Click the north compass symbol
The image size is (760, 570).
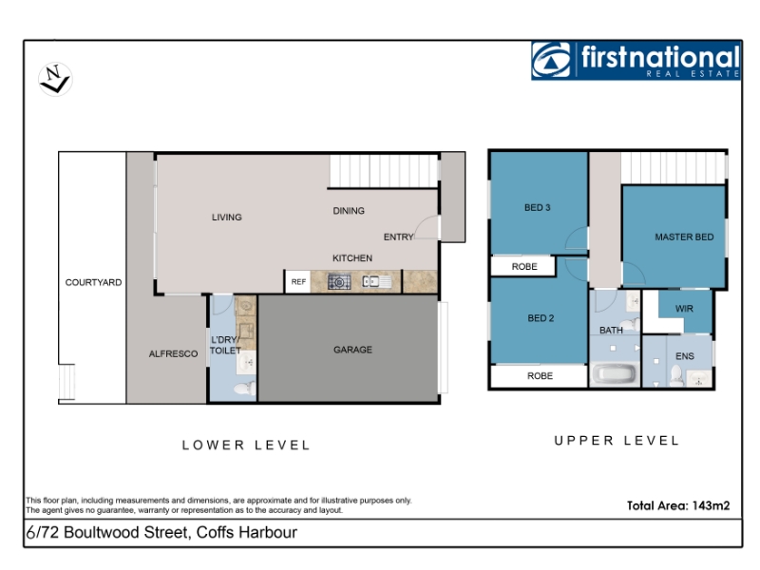coord(55,79)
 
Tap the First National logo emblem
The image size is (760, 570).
coord(552,60)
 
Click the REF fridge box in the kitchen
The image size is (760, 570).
coord(298,281)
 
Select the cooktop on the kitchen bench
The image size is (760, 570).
coord(339,281)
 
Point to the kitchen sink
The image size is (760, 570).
coord(377,281)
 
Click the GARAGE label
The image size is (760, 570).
coord(352,350)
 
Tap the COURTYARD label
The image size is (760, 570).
coord(93,282)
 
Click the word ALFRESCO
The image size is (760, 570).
coord(173,353)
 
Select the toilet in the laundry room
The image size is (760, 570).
coord(244,389)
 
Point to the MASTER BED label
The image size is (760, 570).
coord(684,237)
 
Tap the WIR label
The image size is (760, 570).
coord(684,308)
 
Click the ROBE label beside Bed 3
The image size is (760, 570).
coord(524,267)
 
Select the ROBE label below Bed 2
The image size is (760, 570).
coord(540,375)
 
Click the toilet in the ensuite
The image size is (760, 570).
coord(676,375)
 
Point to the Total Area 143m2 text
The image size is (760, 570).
coord(678,505)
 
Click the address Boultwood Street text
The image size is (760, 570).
coord(125,532)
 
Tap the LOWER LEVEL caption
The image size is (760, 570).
coord(246,445)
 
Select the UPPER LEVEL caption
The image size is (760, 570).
coord(617,440)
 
